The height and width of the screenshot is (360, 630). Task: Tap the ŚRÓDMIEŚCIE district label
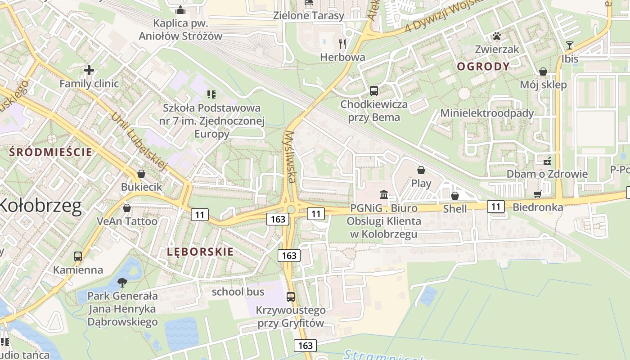51,152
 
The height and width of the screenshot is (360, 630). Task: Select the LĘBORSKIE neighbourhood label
200,252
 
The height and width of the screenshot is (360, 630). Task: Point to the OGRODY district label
483,67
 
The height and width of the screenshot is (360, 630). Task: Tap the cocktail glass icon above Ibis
570,45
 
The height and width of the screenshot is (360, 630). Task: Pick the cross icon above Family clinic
89,70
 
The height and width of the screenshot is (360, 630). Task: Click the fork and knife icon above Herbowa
343,44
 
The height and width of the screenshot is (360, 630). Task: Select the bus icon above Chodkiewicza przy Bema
373,91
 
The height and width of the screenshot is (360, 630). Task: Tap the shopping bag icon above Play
421,170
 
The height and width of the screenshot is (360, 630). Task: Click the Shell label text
455,208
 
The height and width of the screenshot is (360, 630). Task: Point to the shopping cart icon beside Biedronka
537,194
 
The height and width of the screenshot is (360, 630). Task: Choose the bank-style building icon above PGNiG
384,194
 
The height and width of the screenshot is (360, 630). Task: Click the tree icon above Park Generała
122,283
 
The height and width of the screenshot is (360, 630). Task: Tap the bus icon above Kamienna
78,256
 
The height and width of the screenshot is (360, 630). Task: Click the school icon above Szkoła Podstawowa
211,94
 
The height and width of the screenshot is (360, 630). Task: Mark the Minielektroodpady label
487,113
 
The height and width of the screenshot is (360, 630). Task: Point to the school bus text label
238,292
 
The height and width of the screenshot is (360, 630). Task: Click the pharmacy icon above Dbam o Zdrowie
547,160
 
